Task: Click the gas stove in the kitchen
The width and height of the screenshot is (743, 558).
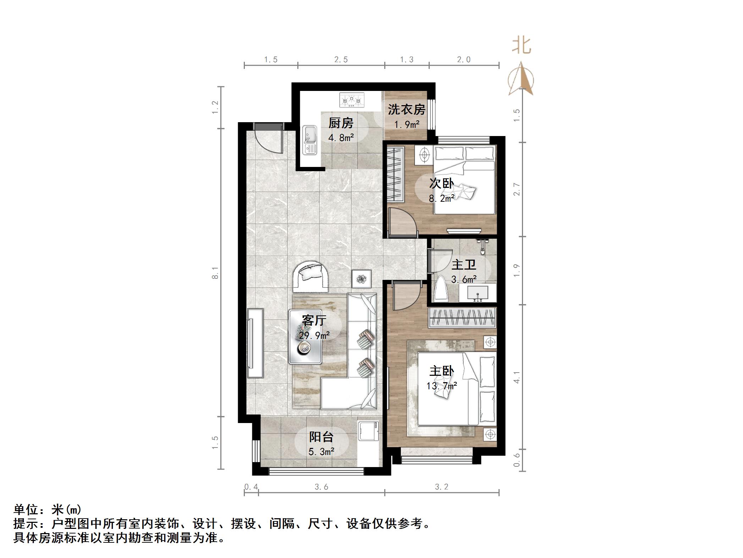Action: point(352,100)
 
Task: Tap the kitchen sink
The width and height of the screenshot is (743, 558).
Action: point(310,140)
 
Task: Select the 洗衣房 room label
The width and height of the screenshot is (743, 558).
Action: point(406,109)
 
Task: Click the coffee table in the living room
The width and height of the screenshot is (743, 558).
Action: point(305,337)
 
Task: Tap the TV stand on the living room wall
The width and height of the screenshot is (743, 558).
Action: point(255,343)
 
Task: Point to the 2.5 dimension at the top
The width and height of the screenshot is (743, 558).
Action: point(341,60)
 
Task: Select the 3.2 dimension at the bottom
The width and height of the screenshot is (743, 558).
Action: point(441,487)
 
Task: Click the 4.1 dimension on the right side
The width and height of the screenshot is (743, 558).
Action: point(517,377)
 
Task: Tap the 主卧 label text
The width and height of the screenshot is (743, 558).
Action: point(441,371)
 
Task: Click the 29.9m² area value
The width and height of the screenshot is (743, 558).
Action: point(314,335)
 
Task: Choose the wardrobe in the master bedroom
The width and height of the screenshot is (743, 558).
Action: point(462,318)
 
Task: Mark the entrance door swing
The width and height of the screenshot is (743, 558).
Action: point(269,140)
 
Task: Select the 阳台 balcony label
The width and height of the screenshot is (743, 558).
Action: point(321,437)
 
